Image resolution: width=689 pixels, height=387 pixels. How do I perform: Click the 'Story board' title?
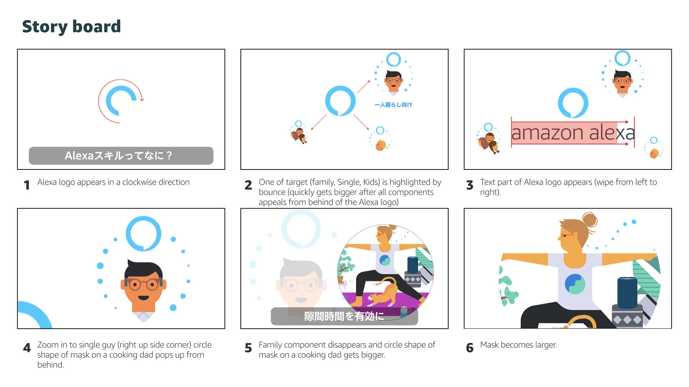pos(71,27)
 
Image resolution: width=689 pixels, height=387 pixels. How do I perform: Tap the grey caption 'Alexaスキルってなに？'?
pos(121,156)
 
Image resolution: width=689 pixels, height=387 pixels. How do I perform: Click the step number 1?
pos(27,185)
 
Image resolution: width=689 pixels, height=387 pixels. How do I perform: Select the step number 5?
pos(248,348)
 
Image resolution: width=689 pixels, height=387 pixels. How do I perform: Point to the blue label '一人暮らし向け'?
pos(393,105)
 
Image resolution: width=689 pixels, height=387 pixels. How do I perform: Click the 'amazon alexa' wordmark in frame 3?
pos(573,133)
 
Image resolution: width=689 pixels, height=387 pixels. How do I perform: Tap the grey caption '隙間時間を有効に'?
pos(344,316)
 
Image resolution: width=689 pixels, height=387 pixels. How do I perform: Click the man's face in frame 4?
pos(144,285)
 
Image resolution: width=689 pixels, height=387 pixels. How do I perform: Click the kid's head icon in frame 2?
pos(380,145)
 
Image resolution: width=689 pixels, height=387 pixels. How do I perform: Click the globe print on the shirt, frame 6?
pos(575,284)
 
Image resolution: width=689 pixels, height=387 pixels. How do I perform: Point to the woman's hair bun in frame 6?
pos(590,220)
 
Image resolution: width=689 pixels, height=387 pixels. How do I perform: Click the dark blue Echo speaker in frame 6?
pos(627,292)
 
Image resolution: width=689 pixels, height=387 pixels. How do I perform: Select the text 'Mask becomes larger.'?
pos(519,345)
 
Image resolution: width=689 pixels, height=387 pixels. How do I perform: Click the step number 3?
pos(470,185)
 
